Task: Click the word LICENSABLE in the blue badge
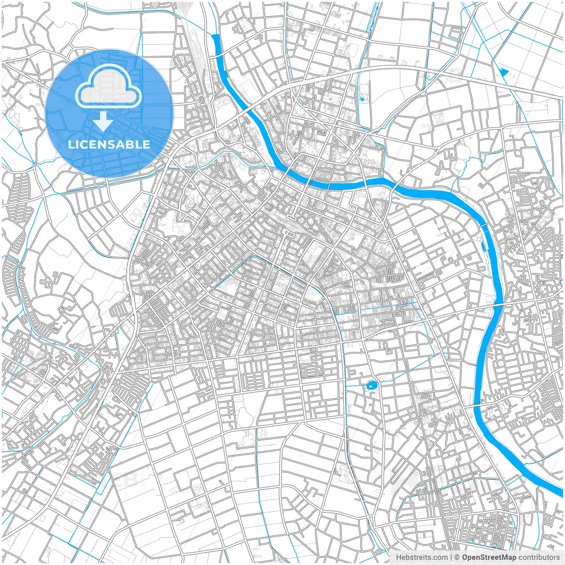(x=109, y=144)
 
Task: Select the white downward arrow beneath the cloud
(x=103, y=121)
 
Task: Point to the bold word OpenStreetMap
(x=489, y=557)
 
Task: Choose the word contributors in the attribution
(x=539, y=557)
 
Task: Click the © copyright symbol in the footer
(x=457, y=557)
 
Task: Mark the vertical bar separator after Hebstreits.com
(x=451, y=557)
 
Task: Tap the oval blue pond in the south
(x=371, y=385)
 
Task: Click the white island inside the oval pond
(x=371, y=386)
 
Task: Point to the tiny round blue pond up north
(x=362, y=99)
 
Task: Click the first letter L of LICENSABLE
(x=71, y=144)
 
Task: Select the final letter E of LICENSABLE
(x=147, y=144)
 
